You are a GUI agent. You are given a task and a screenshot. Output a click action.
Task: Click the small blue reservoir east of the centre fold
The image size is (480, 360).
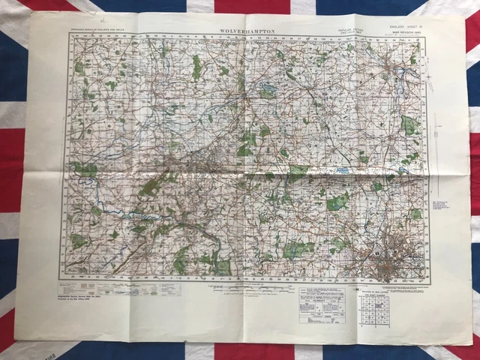[342, 171]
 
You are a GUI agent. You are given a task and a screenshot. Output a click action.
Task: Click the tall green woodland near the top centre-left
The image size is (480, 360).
[196, 67]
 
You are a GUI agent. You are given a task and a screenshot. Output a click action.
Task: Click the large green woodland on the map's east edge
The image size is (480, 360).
[409, 124]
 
